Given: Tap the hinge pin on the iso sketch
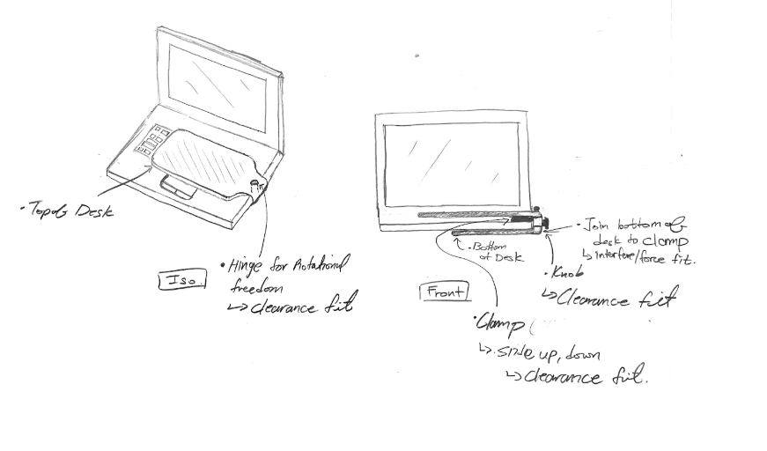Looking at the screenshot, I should pos(255,185).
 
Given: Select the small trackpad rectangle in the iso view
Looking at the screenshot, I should pos(179,187).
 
